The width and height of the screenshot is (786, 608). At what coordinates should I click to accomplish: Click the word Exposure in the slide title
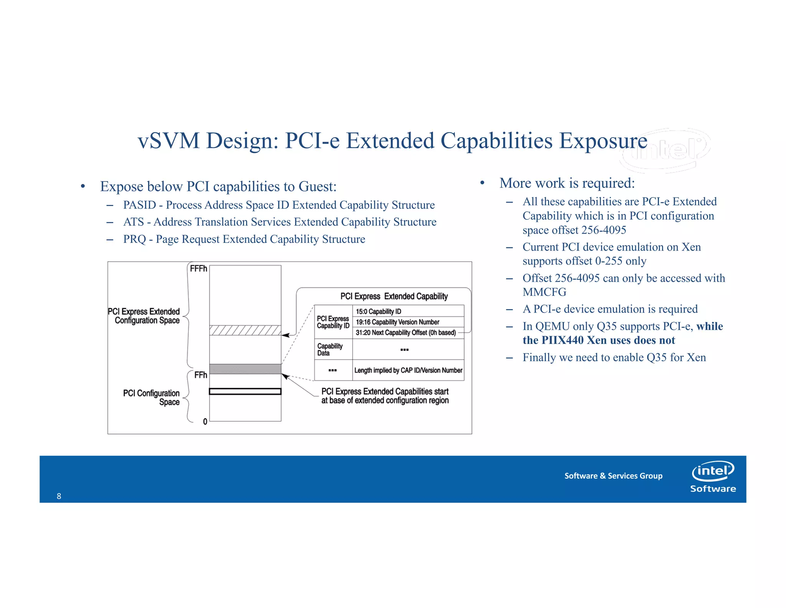[x=603, y=141]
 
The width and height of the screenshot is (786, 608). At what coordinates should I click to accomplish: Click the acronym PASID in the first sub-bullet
[x=139, y=205]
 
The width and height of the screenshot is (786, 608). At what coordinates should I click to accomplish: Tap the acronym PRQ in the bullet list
[x=134, y=239]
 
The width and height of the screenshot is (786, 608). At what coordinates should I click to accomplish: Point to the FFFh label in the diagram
[x=198, y=269]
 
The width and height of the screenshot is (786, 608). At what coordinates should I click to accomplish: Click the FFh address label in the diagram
[x=200, y=375]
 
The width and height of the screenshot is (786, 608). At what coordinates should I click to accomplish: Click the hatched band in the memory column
[x=245, y=331]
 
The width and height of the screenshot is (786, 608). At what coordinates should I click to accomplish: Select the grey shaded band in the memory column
[x=245, y=369]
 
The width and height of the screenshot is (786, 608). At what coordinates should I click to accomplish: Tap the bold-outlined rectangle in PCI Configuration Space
[x=245, y=392]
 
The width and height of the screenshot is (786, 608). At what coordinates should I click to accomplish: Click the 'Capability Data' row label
[x=330, y=349]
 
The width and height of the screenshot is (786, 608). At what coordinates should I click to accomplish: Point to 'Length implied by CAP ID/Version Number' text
[x=408, y=370]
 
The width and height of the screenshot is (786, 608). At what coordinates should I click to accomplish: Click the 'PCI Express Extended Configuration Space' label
[x=146, y=316]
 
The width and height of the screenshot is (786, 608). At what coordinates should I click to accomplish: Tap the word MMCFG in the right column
[x=544, y=292]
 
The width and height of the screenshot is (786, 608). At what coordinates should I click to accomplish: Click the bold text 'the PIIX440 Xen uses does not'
[x=598, y=341]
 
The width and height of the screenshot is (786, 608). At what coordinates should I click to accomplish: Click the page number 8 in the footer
[x=59, y=496]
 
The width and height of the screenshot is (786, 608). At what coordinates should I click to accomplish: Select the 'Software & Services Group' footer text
[x=613, y=476]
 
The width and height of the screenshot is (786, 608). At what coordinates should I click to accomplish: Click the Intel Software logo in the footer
[x=713, y=477]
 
